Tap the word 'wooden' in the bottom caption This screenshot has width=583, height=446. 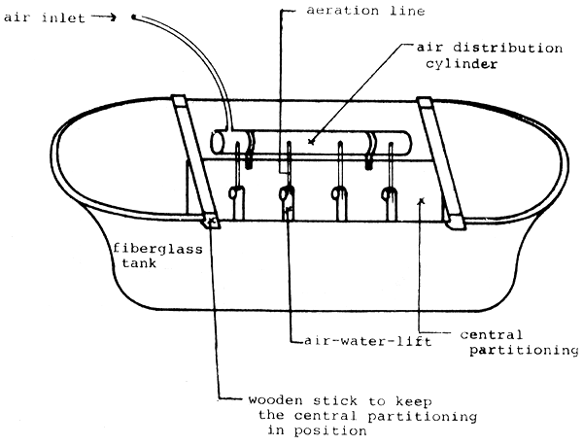pyautogui.click(x=275, y=400)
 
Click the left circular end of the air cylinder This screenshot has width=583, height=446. pyautogui.click(x=217, y=142)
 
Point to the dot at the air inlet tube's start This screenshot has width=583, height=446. pyautogui.click(x=133, y=15)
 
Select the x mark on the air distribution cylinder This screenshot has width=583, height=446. pyautogui.click(x=311, y=142)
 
